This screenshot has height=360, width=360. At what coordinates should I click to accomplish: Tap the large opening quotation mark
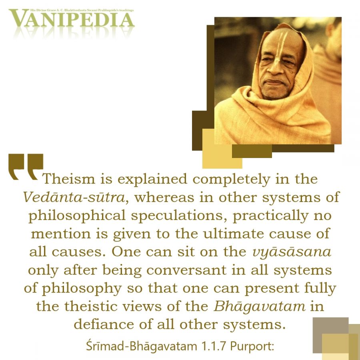point(26,167)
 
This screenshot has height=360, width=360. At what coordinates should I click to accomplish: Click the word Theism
point(69,179)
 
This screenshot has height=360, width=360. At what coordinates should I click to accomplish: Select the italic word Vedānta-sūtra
point(74,197)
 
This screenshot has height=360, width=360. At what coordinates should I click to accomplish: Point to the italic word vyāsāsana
point(292,252)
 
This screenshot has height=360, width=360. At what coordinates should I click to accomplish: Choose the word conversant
point(186,270)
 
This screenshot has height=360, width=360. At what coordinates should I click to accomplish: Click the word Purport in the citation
point(252,346)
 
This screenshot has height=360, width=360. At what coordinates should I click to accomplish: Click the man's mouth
point(274,82)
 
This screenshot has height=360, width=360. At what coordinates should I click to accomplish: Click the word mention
point(61,234)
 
